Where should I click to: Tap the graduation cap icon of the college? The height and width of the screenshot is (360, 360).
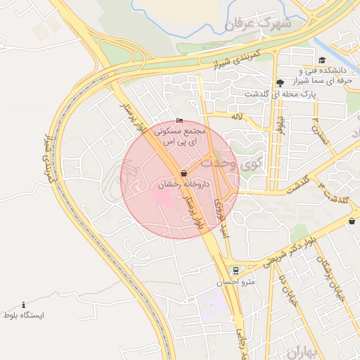click(322, 60)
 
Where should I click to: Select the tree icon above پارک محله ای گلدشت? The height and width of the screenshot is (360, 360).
click(281, 82)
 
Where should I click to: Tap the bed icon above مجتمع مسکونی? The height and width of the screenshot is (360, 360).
click(179, 121)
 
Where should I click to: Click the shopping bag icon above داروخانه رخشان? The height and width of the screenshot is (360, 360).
click(184, 172)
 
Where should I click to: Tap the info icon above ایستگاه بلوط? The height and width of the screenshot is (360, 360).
click(23, 305)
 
